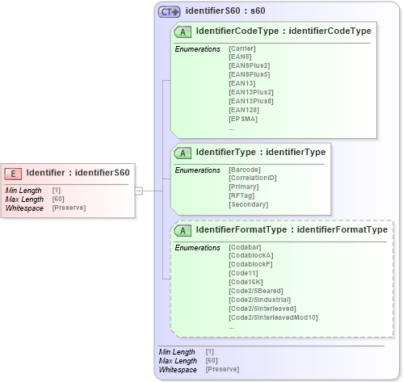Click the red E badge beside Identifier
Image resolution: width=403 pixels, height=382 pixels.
point(14,172)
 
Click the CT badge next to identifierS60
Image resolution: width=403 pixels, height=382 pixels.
point(169,11)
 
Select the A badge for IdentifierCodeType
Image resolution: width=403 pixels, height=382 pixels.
point(183,31)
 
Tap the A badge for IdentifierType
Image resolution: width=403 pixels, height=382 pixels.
point(183,152)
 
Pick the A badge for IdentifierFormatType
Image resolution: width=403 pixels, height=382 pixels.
point(183,230)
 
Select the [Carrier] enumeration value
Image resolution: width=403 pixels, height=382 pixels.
point(242,48)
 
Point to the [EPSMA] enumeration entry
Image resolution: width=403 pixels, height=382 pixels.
point(242,119)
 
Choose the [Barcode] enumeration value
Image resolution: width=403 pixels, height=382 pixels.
point(245,170)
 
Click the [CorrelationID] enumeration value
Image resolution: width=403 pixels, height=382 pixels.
point(253,178)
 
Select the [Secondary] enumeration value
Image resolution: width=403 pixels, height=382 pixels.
point(248,205)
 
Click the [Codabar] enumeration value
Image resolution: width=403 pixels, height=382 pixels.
point(245,247)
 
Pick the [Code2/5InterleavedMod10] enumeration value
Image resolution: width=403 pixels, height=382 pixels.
point(273,318)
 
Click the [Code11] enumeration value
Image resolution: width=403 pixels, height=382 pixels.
point(243,274)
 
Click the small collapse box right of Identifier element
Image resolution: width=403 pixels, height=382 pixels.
point(139,191)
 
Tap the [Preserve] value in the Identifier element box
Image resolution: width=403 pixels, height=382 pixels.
point(69,208)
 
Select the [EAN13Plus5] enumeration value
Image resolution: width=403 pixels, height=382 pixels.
point(251,101)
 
